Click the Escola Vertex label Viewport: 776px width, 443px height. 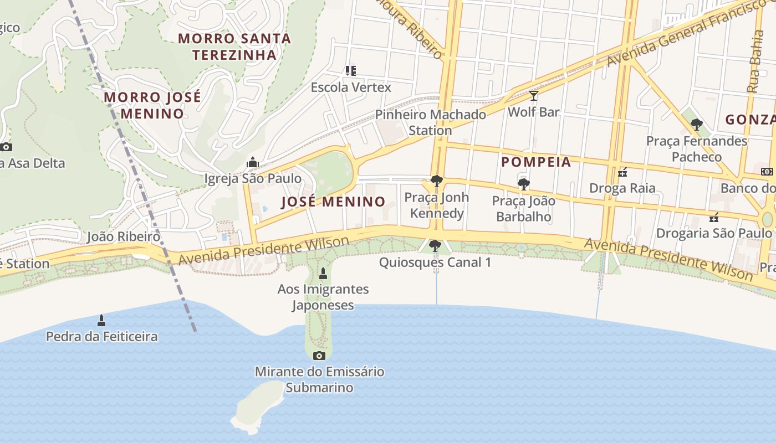pos(350,87)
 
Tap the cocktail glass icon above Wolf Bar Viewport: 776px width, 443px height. pos(533,96)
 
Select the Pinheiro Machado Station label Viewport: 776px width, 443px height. pos(430,122)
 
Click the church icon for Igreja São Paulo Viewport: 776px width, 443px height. pos(253,162)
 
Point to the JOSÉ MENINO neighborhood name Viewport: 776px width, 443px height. pos(333,202)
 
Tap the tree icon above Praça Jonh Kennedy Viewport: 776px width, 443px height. pos(436,181)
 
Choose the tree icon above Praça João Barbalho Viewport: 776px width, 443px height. pos(523,184)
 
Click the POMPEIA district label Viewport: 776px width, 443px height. pos(535,162)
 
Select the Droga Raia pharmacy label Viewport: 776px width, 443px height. pos(622,188)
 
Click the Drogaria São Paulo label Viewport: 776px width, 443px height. pos(713,233)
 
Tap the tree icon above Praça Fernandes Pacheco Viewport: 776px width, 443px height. pos(697,125)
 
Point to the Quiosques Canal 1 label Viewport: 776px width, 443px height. pos(435,262)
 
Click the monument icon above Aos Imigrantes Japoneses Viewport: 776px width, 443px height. pos(323,273)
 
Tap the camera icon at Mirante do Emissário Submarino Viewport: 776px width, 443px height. pos(319,356)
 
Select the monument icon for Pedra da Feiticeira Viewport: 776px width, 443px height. pos(101,320)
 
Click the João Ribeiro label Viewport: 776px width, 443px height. pos(123,237)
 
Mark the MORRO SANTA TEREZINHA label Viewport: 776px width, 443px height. pos(234,47)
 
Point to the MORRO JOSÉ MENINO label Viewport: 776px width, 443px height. pos(152,105)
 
